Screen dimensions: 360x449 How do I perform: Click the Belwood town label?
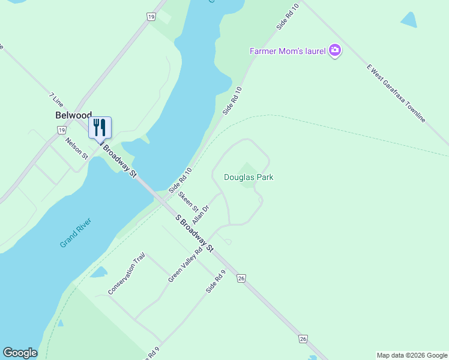click(x=73, y=115)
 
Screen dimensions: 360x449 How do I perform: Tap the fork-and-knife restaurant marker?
click(x=100, y=128)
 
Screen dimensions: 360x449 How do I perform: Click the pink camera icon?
click(x=335, y=51)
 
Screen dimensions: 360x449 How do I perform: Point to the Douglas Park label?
click(x=249, y=177)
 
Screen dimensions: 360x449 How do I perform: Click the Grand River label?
click(x=76, y=234)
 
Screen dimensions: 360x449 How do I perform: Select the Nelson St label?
click(x=77, y=148)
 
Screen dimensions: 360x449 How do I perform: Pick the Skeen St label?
click(x=188, y=200)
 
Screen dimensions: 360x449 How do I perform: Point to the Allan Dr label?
click(x=200, y=214)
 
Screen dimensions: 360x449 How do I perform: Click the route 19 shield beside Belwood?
click(x=61, y=130)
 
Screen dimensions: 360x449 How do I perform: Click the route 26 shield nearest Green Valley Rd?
click(x=241, y=278)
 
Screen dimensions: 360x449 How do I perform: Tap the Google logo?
click(x=20, y=353)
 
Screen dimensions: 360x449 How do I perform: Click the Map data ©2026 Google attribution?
click(x=412, y=355)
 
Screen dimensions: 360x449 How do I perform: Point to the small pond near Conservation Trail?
click(x=98, y=272)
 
